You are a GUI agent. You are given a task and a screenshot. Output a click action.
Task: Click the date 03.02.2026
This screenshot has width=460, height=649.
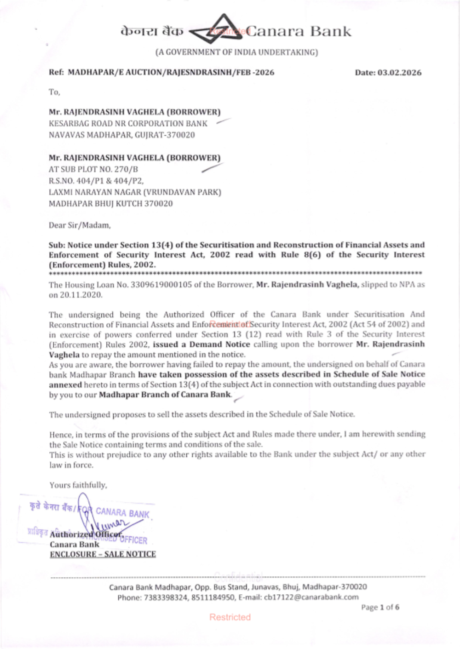(399, 73)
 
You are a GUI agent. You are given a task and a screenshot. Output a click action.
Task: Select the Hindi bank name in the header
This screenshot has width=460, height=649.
(152, 31)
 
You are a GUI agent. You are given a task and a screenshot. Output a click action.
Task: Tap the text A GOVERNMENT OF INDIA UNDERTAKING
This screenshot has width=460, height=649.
(236, 52)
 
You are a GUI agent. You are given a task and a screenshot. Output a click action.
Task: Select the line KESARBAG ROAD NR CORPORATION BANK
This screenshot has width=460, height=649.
(128, 123)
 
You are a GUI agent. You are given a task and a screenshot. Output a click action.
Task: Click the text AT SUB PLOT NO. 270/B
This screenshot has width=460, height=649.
(93, 169)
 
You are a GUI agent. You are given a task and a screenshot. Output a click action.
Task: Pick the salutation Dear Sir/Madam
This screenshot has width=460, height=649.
(80, 225)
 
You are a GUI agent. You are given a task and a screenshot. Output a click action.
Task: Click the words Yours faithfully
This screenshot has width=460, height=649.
(78, 485)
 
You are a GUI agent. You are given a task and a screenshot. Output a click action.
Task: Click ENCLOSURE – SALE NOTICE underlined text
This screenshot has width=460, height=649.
(103, 554)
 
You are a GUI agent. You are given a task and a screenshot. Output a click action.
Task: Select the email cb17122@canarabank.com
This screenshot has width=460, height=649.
(311, 597)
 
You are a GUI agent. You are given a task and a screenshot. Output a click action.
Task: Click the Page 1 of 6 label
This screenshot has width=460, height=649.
(380, 607)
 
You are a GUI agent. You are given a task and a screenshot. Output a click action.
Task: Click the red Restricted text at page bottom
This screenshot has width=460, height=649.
(230, 617)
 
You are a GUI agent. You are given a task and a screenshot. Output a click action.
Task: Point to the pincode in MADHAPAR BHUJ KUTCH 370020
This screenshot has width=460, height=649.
(158, 204)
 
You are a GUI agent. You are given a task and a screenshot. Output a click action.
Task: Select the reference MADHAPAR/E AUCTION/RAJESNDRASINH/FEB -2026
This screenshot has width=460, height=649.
(171, 73)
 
